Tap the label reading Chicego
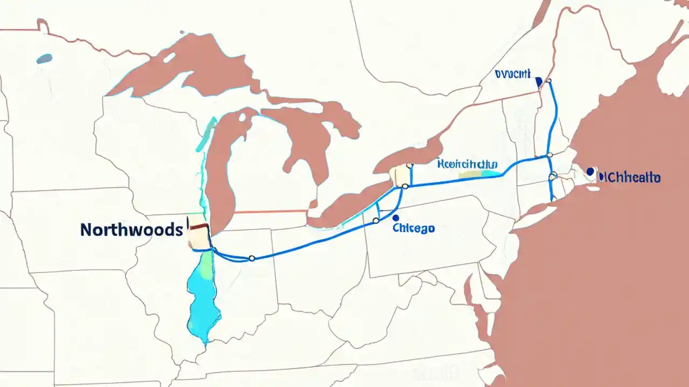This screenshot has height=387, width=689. click(413, 228)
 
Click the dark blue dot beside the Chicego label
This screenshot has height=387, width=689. click(396, 218)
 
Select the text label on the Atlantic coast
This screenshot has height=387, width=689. click(630, 177)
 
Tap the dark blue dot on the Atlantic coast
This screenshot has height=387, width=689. click(590, 171)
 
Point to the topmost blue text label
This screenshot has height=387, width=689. click(512, 74)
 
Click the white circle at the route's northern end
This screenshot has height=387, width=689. click(549, 81)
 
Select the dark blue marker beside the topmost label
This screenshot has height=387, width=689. click(538, 82)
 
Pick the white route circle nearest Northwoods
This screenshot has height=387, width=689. click(251, 259)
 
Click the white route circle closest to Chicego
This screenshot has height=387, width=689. click(376, 221)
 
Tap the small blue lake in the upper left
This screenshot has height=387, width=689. click(44, 59)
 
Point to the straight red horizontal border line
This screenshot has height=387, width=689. click(269, 212)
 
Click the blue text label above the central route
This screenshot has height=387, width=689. click(467, 164)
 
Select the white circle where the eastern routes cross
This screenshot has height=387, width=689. click(549, 155)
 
